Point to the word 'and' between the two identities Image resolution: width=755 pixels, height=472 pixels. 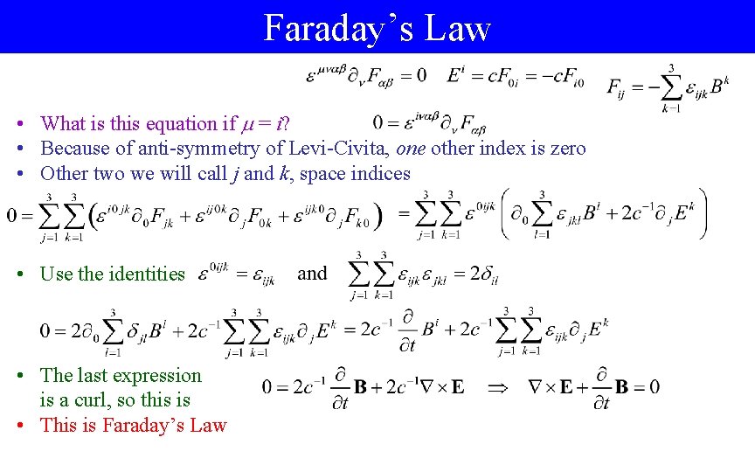[312, 274]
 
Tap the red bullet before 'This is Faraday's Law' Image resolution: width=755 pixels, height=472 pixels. [29, 426]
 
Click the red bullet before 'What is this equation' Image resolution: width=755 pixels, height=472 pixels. [29, 123]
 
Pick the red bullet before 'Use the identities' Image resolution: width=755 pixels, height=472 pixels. [29, 274]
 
